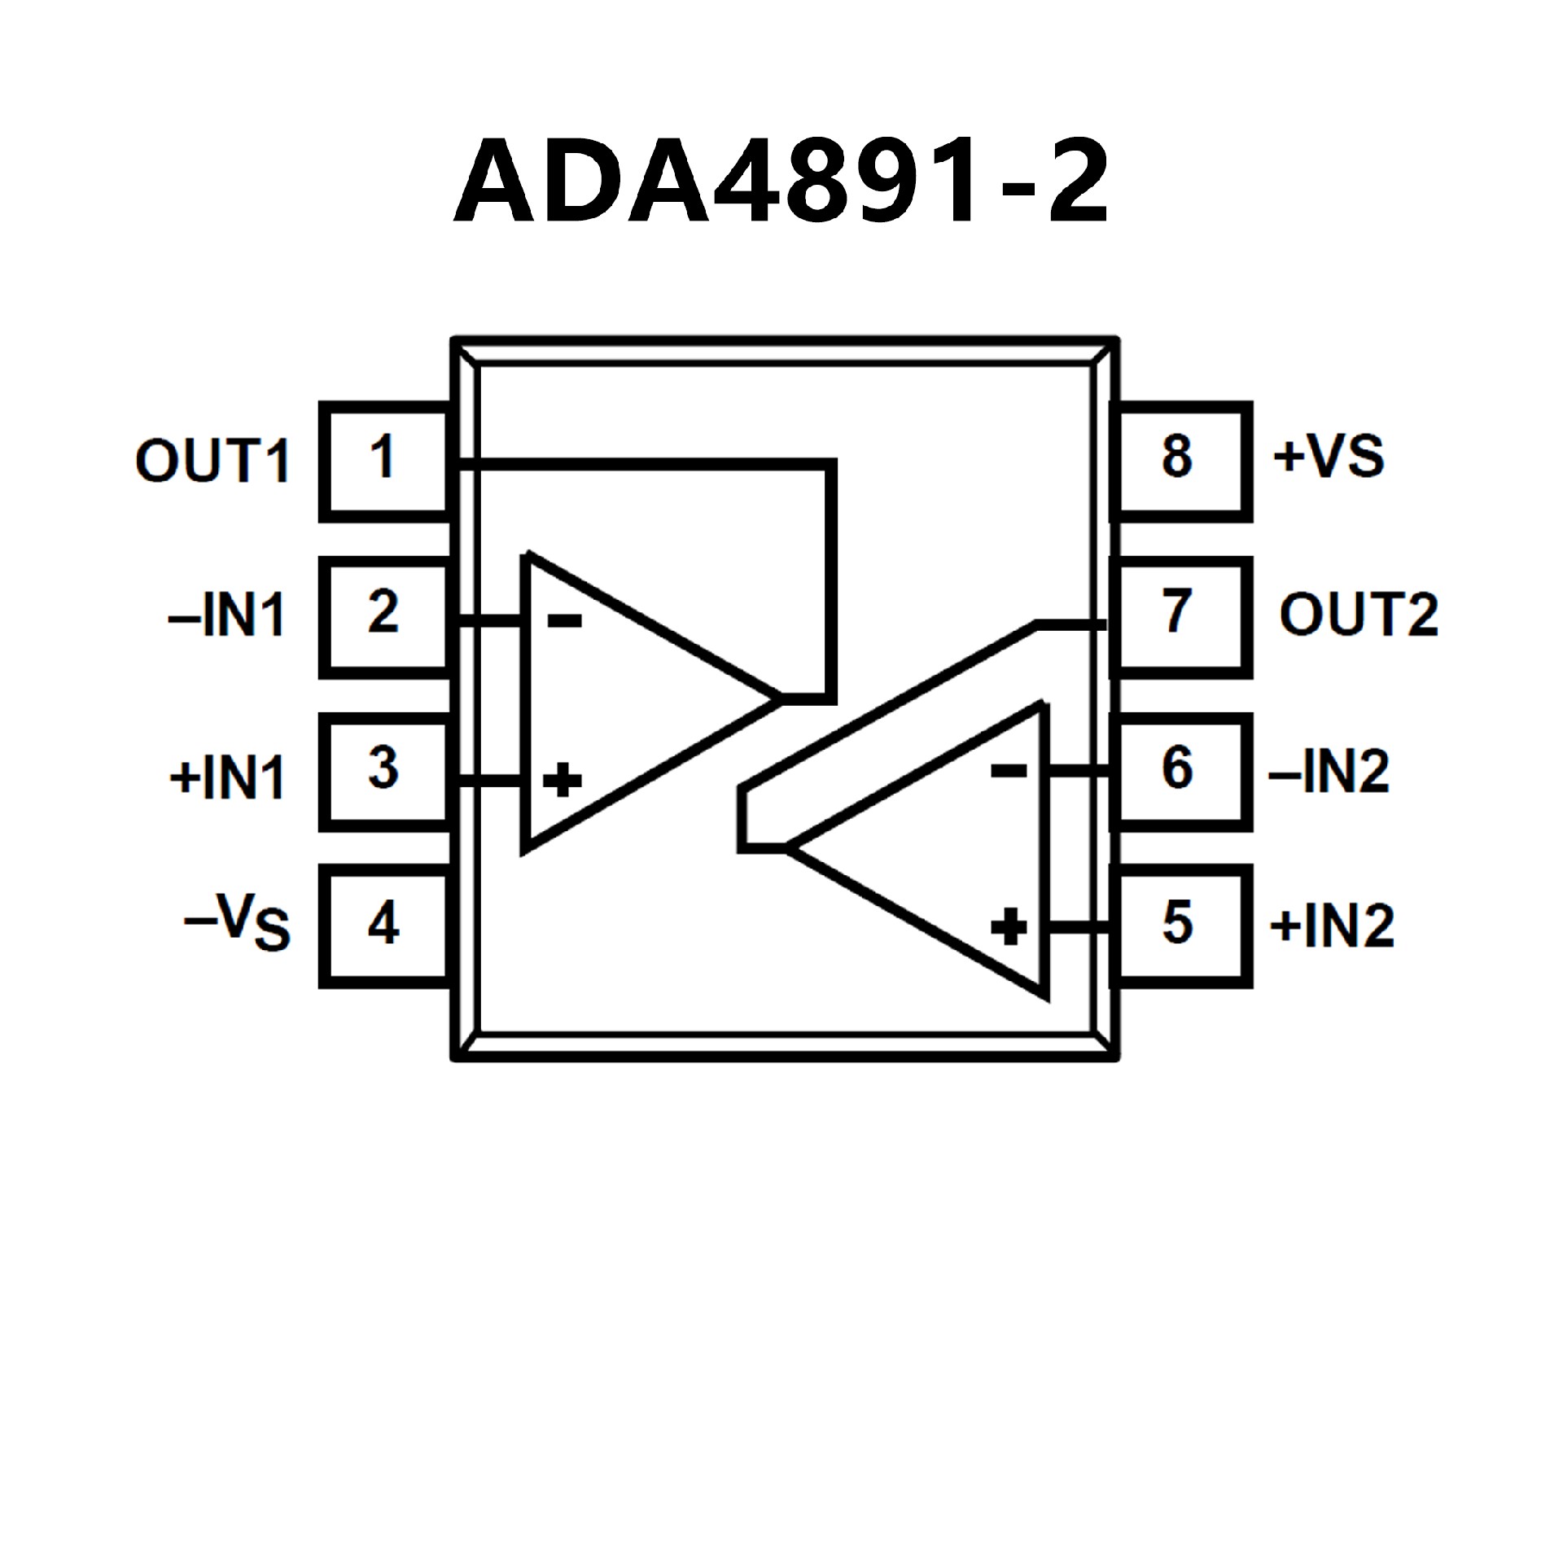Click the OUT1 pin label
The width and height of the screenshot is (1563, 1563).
tap(212, 462)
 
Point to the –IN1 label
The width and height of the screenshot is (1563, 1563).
tap(227, 616)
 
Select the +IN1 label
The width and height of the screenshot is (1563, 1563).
tap(227, 777)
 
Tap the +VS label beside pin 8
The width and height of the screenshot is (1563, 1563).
tap(1329, 456)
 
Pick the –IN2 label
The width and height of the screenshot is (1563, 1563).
tap(1329, 772)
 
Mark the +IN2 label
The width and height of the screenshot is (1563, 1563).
tap(1332, 926)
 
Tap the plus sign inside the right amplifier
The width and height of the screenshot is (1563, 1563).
tap(1009, 926)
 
